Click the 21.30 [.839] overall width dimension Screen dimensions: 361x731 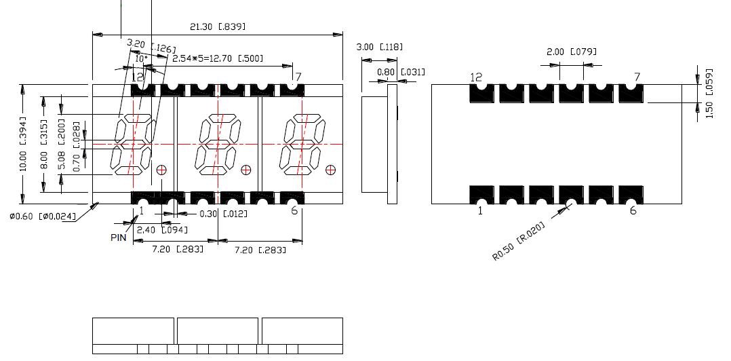[217, 27]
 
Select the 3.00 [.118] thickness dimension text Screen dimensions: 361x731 [380, 47]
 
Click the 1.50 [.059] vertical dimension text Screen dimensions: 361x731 [709, 94]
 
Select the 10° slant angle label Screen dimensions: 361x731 [140, 59]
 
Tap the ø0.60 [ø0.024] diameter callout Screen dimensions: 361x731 [42, 217]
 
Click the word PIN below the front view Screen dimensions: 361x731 [119, 237]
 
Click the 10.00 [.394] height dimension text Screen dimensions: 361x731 [22, 144]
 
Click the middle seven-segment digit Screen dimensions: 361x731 [218, 145]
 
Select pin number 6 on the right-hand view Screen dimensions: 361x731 [633, 210]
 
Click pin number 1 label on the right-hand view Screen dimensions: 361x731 [481, 211]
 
